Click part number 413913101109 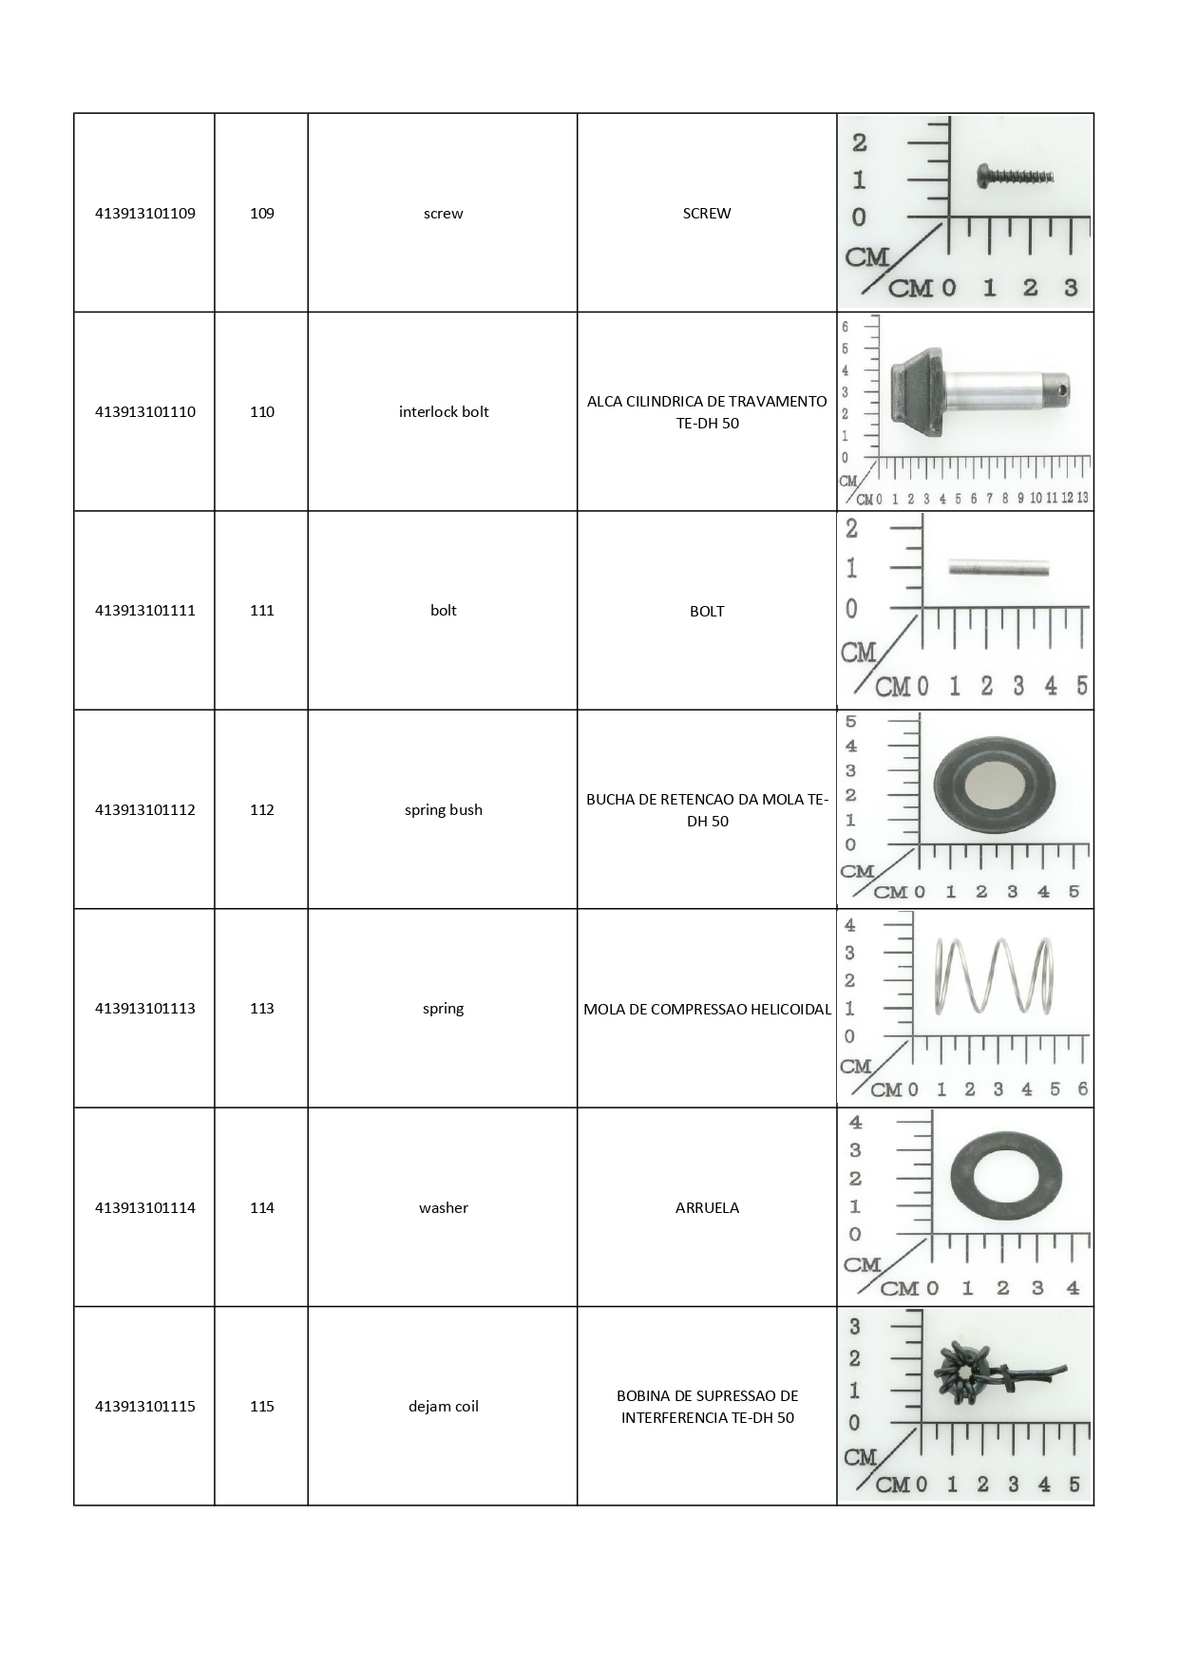pyautogui.click(x=145, y=214)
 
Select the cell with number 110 pyautogui.click(x=262, y=412)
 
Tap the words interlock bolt pyautogui.click(x=444, y=412)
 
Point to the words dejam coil pyautogui.click(x=444, y=1407)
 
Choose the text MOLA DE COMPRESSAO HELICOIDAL pyautogui.click(x=708, y=1009)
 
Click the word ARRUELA pyautogui.click(x=708, y=1208)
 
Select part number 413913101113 pyautogui.click(x=145, y=1009)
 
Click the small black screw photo pyautogui.click(x=1016, y=175)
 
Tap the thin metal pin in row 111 pyautogui.click(x=998, y=570)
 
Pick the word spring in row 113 pyautogui.click(x=444, y=1009)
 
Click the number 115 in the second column pyautogui.click(x=262, y=1407)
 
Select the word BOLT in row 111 pyautogui.click(x=708, y=612)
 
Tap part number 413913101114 pyautogui.click(x=145, y=1208)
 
